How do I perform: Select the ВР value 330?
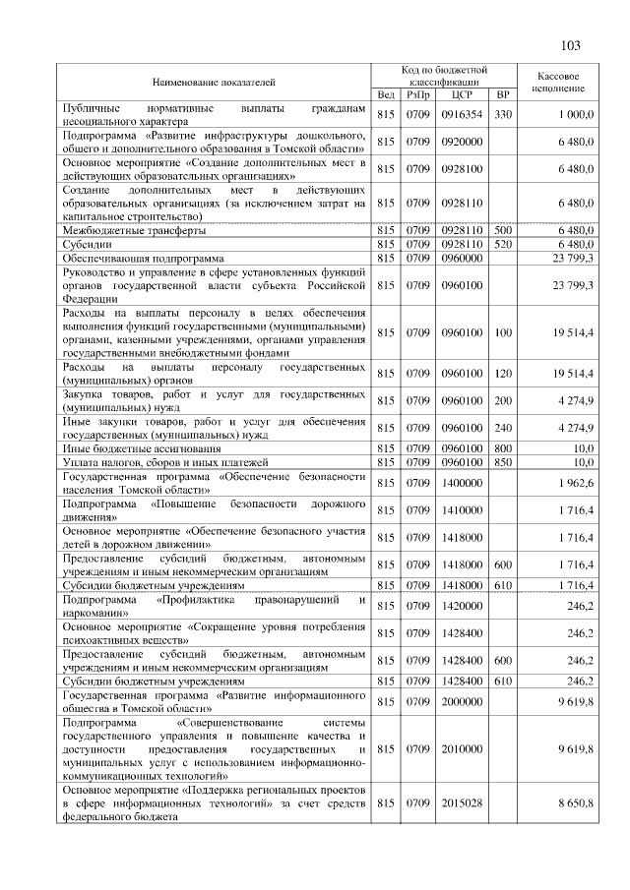(x=503, y=115)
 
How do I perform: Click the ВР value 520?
(x=503, y=244)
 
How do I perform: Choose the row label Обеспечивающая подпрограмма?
(x=144, y=258)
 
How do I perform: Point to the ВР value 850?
(x=503, y=461)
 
